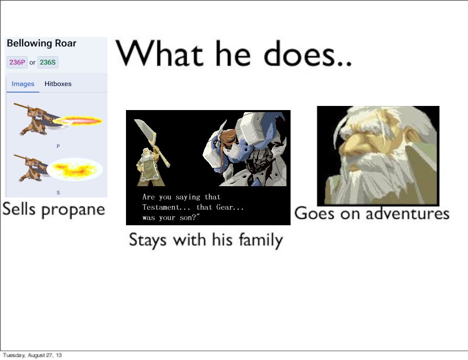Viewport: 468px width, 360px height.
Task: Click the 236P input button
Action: pyautogui.click(x=17, y=62)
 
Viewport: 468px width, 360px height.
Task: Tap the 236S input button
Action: pyautogui.click(x=48, y=62)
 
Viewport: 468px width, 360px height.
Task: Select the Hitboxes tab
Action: pyautogui.click(x=58, y=84)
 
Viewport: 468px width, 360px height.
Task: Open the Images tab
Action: pyautogui.click(x=23, y=84)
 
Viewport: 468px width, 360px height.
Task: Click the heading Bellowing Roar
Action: pyautogui.click(x=42, y=43)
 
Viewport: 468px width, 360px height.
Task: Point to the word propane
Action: pyautogui.click(x=73, y=209)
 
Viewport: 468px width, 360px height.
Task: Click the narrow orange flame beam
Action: pyautogui.click(x=78, y=120)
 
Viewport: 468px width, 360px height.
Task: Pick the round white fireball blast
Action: pyautogui.click(x=75, y=169)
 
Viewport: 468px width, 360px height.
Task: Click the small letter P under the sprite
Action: pyautogui.click(x=58, y=146)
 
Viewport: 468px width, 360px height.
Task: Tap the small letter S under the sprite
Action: pyautogui.click(x=58, y=192)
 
